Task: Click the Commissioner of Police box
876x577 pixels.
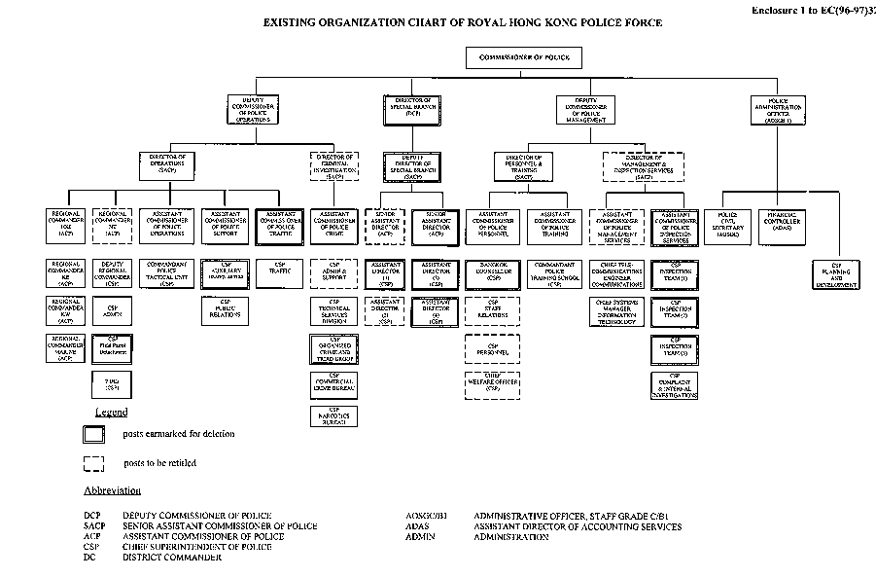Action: click(530, 59)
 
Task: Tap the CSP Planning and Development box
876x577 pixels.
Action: click(837, 274)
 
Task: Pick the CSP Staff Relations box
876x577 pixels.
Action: click(493, 311)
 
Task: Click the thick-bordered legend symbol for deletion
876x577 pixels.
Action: click(93, 434)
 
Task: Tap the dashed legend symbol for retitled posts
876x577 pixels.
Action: click(93, 463)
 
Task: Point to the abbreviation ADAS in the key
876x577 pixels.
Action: click(419, 526)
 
